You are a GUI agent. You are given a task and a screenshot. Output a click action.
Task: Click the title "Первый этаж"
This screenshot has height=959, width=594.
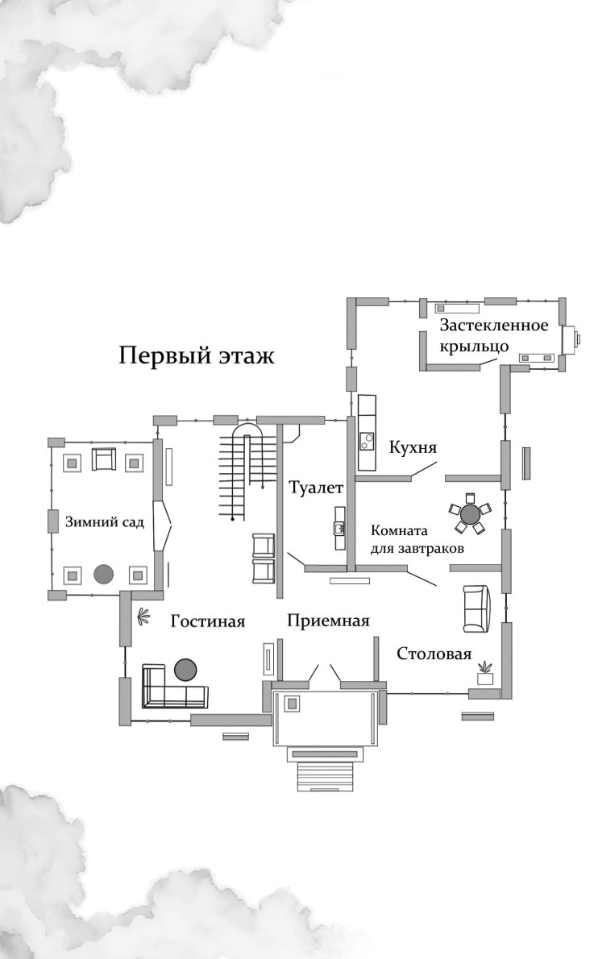pos(197,355)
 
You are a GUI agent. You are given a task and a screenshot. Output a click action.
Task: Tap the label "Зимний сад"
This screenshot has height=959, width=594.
pos(105,522)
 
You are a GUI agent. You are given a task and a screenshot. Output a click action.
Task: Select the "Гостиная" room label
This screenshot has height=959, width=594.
pos(208,621)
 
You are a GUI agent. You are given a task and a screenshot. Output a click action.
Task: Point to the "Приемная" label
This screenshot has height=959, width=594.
pos(328,621)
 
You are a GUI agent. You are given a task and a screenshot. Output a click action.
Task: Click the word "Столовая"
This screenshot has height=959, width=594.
pos(434,654)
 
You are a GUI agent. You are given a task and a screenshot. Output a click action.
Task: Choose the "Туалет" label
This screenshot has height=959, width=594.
pos(317,488)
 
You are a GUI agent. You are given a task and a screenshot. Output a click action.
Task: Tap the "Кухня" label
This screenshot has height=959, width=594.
pos(413,447)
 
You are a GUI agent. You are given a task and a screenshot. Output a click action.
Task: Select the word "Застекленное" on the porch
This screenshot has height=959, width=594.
pos(493,326)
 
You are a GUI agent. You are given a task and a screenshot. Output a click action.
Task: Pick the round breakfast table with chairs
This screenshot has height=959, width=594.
pos(469,513)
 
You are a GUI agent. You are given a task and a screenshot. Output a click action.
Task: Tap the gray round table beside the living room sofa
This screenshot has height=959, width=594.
pos(185,669)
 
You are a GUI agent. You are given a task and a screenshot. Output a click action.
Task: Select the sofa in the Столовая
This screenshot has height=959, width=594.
pos(476,608)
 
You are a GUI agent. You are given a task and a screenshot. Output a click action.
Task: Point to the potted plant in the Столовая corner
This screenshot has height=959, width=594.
pos(485,672)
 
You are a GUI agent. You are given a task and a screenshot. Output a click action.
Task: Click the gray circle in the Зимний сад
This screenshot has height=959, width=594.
pos(103,574)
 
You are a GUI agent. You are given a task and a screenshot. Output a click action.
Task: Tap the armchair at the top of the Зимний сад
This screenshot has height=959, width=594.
pos(105,459)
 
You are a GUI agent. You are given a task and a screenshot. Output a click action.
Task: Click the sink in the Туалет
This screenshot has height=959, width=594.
pos(340,529)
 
